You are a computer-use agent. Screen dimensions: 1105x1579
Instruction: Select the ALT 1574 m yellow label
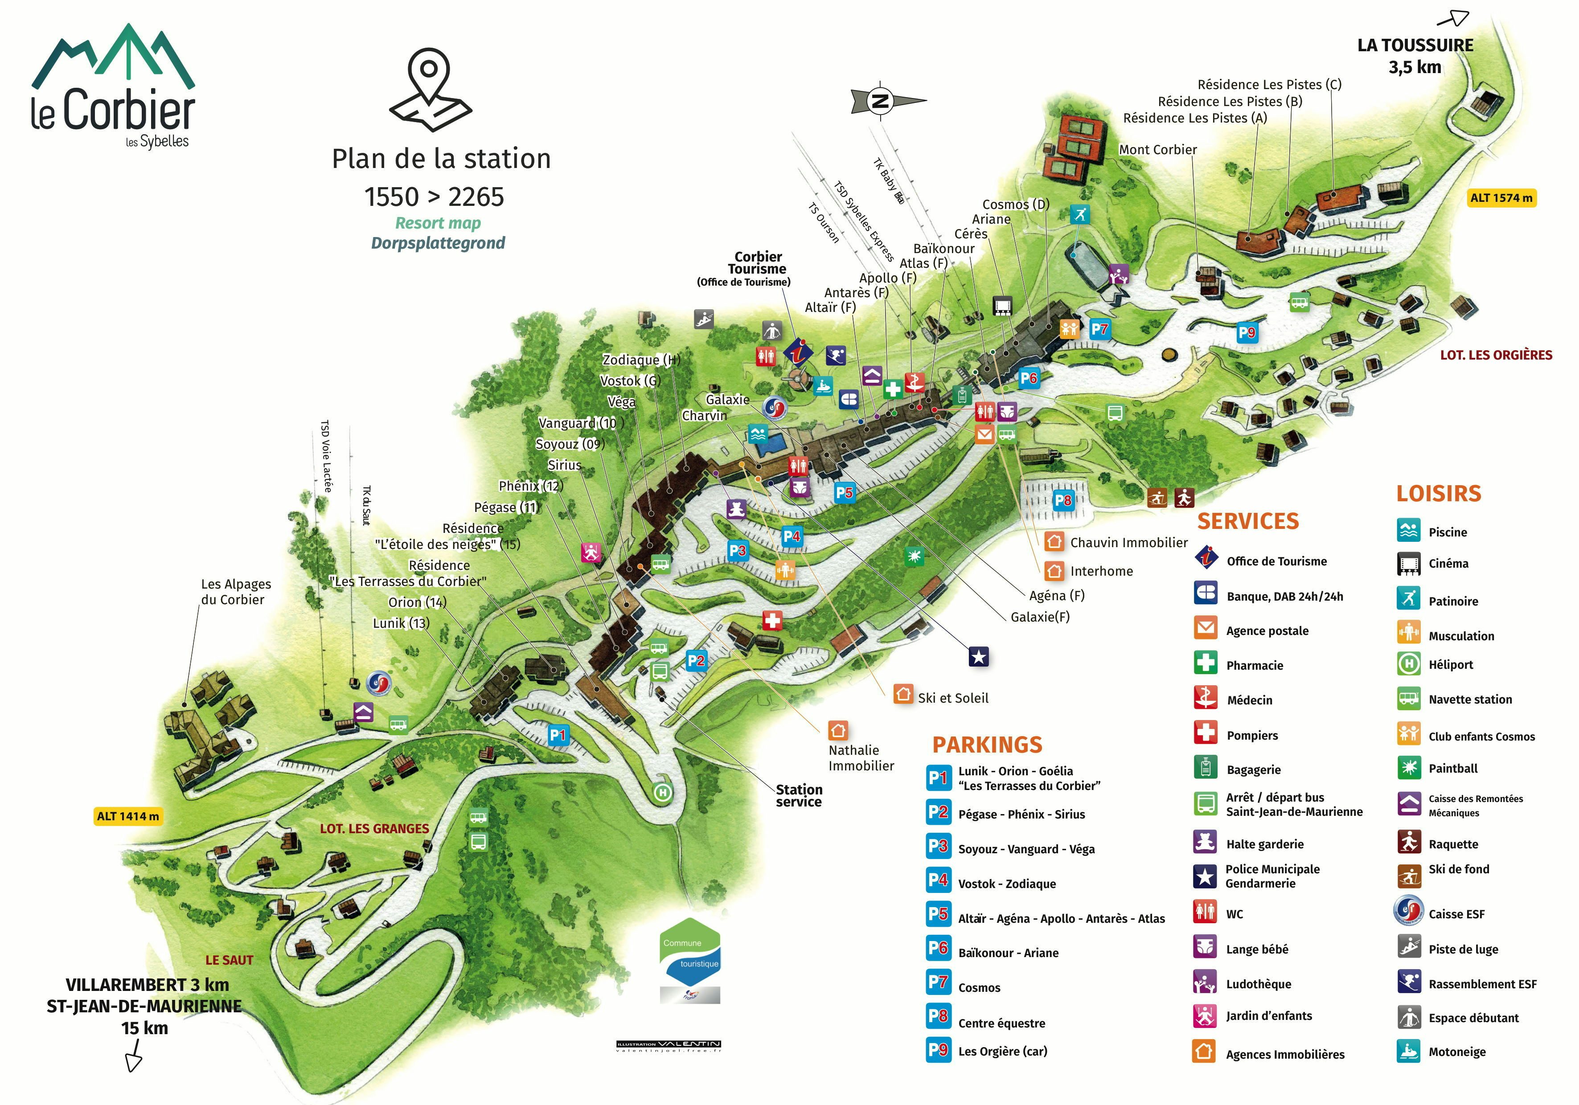point(1501,198)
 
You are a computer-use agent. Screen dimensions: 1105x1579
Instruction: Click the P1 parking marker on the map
point(558,735)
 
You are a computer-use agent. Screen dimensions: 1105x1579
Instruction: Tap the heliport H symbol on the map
point(662,792)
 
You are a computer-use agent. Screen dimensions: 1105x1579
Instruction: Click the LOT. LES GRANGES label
point(374,829)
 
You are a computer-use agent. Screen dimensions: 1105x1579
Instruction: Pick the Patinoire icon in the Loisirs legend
point(1408,598)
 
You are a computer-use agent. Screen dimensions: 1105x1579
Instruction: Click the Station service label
point(799,796)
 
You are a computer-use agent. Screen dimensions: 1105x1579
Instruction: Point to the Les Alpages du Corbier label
point(235,591)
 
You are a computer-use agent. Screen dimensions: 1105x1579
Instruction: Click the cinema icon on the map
point(1002,305)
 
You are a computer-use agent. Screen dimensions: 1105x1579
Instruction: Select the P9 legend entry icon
point(938,1050)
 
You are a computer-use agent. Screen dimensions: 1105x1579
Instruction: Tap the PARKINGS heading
point(987,745)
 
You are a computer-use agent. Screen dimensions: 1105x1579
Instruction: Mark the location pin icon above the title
point(430,90)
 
